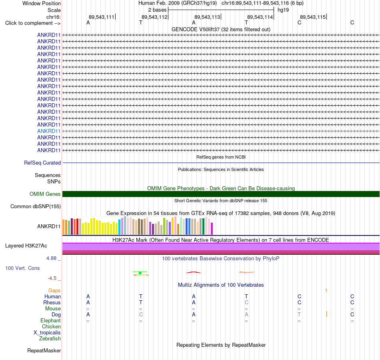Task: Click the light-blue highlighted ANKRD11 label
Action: pyautogui.click(x=49, y=131)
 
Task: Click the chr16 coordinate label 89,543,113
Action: pyautogui.click(x=207, y=17)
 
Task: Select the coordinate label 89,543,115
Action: pyautogui.click(x=313, y=17)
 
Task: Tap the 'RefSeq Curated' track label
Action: pyautogui.click(x=42, y=163)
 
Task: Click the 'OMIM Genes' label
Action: pyautogui.click(x=45, y=194)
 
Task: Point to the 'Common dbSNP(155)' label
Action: pyautogui.click(x=36, y=207)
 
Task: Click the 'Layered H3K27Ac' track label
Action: pyautogui.click(x=26, y=246)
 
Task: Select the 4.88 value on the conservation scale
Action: pyautogui.click(x=51, y=258)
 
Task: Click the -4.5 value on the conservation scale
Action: pyautogui.click(x=52, y=278)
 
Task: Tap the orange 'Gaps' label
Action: pyautogui.click(x=54, y=291)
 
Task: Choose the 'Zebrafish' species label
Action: pyautogui.click(x=50, y=339)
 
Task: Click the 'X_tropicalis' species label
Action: pyautogui.click(x=47, y=333)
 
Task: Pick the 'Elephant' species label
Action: pyautogui.click(x=50, y=321)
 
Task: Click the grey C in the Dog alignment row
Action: pyautogui.click(x=141, y=315)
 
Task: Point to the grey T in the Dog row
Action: pyautogui.click(x=299, y=315)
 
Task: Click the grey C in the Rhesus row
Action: pyautogui.click(x=246, y=302)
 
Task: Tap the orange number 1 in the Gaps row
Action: pyautogui.click(x=326, y=291)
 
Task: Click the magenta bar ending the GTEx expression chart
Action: pyautogui.click(x=212, y=229)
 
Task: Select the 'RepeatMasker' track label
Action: pyautogui.click(x=44, y=351)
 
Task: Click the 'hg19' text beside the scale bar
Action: pyautogui.click(x=283, y=10)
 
